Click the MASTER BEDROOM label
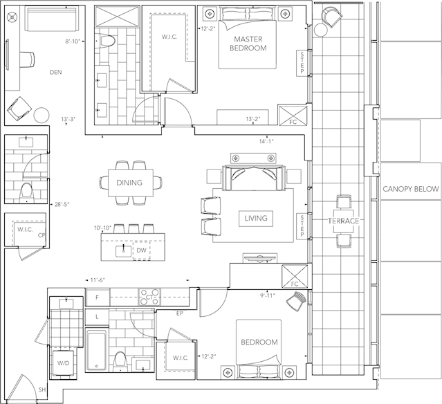coord(248,44)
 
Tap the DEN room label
coord(56,73)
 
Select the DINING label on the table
coord(129,183)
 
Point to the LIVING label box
coord(256,218)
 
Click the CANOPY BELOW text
coord(411,189)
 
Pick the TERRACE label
coord(343,221)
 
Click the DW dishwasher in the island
coord(141,250)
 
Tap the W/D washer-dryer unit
coord(64,362)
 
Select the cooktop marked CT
coord(149,297)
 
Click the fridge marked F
coord(98,297)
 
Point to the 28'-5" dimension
coord(62,204)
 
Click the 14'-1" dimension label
coord(266,142)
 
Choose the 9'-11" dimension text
coord(267,295)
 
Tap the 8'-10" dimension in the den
coord(73,42)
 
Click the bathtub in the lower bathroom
coord(96,351)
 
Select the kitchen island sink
coord(123,251)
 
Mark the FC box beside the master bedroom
coord(293,116)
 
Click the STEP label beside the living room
coord(302,226)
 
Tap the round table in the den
coord(42,115)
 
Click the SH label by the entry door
coord(42,390)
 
